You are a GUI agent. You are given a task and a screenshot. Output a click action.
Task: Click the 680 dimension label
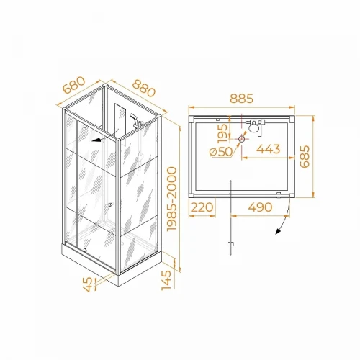pyautogui.click(x=74, y=85)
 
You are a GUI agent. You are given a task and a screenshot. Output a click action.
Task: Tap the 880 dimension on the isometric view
pyautogui.click(x=144, y=88)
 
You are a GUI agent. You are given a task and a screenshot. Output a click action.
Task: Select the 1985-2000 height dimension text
pyautogui.click(x=172, y=199)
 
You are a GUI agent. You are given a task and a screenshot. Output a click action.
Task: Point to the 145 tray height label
pyautogui.click(x=166, y=280)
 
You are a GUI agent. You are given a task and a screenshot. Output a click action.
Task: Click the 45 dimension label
pyautogui.click(x=88, y=284)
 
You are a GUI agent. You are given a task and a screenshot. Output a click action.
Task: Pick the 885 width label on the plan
pyautogui.click(x=241, y=99)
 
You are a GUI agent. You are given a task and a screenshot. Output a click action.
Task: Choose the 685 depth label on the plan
pyautogui.click(x=305, y=156)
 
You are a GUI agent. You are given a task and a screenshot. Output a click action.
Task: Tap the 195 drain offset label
pyautogui.click(x=222, y=133)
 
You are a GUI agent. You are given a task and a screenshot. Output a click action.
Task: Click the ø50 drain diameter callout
pyautogui.click(x=221, y=152)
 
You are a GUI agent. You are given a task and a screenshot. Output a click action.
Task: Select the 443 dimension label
pyautogui.click(x=269, y=149)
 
